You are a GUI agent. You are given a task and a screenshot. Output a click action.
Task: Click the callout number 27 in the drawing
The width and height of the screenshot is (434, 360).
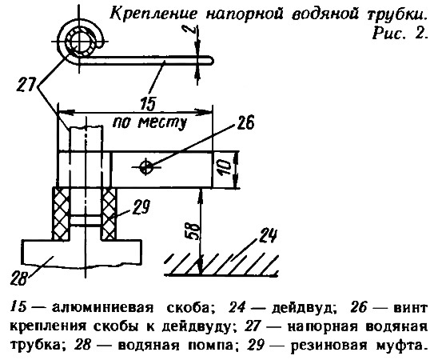point(26,85)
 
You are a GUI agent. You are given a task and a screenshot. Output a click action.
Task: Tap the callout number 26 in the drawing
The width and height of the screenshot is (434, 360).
point(245,122)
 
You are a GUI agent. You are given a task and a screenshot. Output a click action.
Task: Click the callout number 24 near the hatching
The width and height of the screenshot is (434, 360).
point(268,236)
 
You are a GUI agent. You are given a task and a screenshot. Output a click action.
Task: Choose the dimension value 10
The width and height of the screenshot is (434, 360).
point(225,168)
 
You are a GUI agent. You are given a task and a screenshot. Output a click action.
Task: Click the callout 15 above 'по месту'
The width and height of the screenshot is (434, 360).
point(148,104)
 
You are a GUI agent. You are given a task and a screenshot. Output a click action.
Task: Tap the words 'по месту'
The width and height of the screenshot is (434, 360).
point(149,122)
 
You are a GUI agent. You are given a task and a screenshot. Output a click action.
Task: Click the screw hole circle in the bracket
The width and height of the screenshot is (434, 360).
point(146,167)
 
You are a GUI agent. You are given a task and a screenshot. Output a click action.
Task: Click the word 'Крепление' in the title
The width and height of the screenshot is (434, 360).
point(154,14)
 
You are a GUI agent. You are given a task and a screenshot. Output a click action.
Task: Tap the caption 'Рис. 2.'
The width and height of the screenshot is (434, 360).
point(398,34)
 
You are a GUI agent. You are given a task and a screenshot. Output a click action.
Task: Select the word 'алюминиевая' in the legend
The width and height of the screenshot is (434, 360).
point(102,308)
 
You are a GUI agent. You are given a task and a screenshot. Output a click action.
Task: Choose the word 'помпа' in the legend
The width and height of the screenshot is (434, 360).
point(205,346)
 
